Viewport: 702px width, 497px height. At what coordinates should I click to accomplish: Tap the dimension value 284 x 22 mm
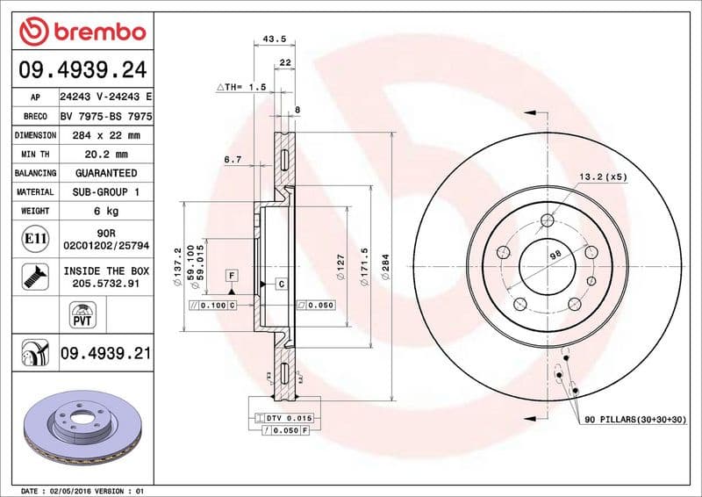(x=107, y=135)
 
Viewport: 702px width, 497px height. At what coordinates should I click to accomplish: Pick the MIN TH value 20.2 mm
(x=107, y=155)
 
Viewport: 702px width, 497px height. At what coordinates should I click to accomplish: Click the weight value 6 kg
(x=107, y=211)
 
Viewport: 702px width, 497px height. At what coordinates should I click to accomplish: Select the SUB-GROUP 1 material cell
(x=107, y=191)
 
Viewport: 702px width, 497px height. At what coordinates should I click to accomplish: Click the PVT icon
(x=81, y=313)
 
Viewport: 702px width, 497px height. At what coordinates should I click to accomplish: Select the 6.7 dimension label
(x=233, y=160)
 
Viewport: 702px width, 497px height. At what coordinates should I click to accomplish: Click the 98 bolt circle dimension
(x=555, y=254)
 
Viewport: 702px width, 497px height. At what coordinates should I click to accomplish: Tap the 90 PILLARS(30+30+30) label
(x=635, y=421)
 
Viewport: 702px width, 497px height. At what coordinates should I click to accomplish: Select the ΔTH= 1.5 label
(x=240, y=88)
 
